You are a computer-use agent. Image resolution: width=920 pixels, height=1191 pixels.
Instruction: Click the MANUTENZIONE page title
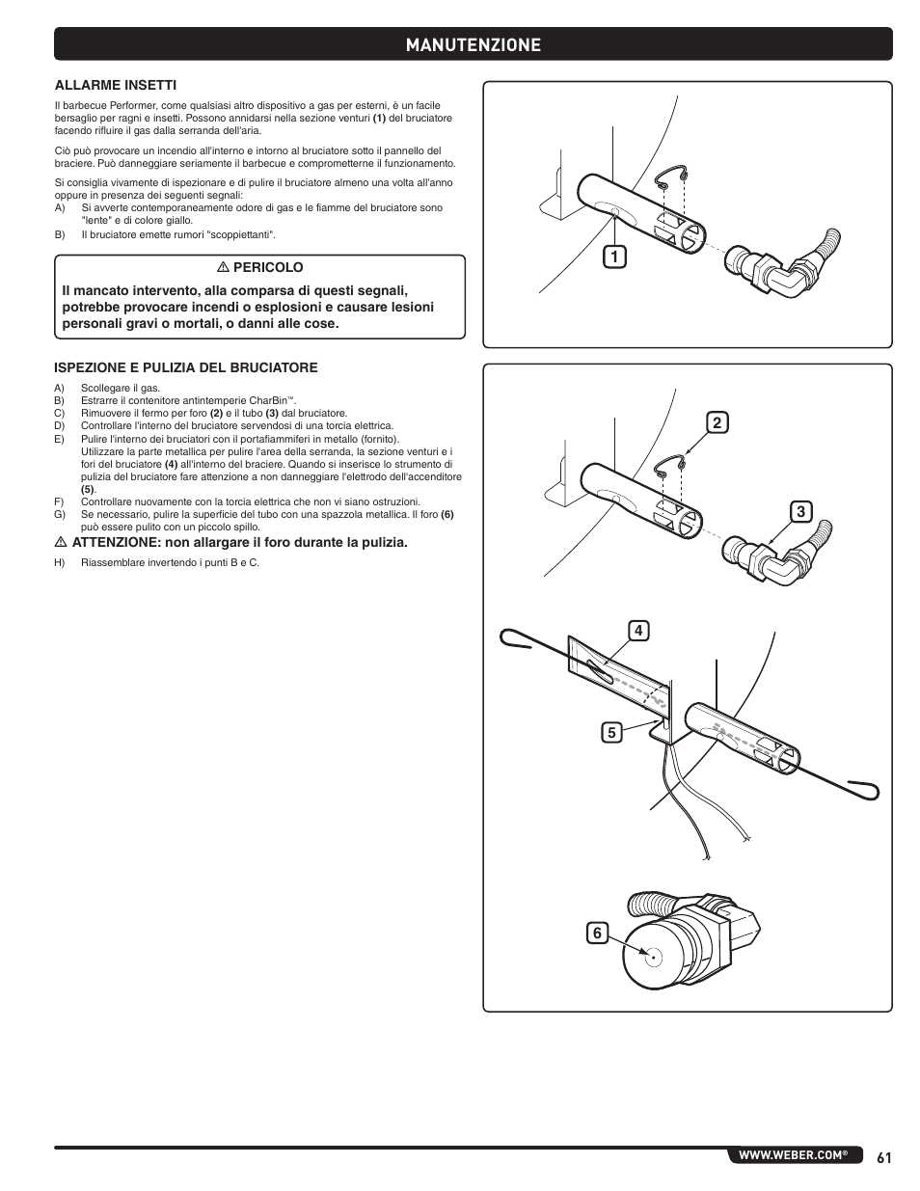473,44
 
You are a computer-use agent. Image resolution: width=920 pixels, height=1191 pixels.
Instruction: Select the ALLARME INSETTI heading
115,85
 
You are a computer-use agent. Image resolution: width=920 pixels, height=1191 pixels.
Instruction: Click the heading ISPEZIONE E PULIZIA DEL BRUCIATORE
185,367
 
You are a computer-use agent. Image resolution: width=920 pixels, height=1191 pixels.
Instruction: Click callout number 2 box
717,422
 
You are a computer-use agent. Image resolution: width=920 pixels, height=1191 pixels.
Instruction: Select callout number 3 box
799,512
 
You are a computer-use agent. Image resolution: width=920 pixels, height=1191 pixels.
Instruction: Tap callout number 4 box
637,631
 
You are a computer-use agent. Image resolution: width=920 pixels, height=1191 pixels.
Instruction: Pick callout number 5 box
611,732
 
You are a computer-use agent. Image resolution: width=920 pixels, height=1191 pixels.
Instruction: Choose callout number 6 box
597,933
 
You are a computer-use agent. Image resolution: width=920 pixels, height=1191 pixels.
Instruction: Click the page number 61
884,1155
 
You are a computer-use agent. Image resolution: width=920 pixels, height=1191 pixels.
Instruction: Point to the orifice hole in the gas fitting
653,958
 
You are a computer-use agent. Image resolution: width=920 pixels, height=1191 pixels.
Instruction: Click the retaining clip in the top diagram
672,177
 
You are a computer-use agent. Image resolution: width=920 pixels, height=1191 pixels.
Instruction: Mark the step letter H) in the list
59,563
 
